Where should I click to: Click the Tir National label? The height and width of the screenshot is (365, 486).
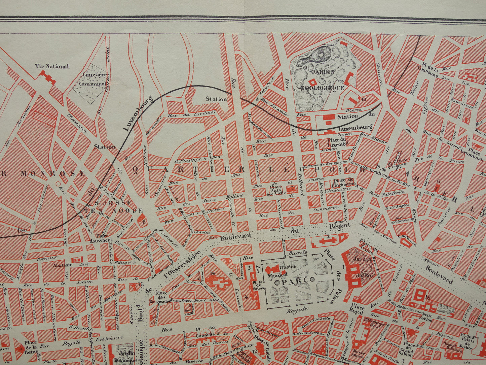point(52,66)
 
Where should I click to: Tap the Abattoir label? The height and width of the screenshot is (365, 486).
point(62,265)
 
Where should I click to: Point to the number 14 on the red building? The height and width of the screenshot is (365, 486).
point(212,273)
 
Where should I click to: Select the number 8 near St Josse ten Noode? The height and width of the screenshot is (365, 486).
point(144,222)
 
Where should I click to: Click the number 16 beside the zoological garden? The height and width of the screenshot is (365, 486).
point(363,99)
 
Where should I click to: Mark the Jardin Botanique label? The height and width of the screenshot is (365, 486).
point(126,356)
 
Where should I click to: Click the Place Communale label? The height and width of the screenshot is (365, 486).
point(475,153)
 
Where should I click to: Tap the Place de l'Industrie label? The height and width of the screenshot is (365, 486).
point(343,182)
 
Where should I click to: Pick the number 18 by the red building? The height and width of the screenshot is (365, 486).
point(428,297)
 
